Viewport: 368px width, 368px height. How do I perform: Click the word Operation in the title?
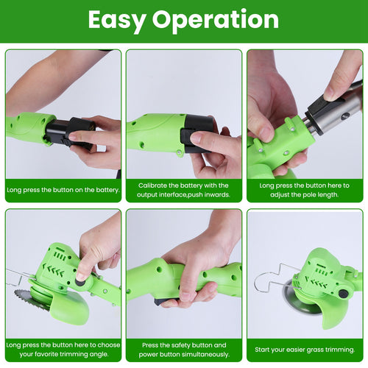216,20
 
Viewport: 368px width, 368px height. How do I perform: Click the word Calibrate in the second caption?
153,185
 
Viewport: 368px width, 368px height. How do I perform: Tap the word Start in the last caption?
264,349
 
